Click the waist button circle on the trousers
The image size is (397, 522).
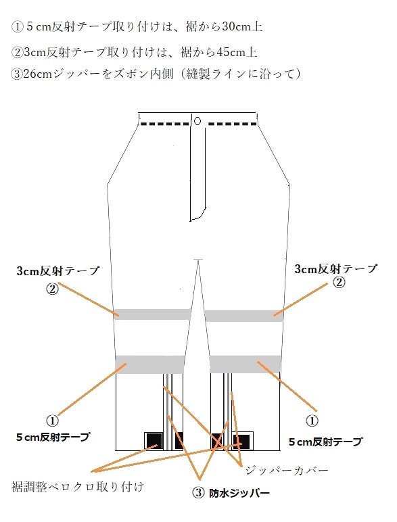[197, 121]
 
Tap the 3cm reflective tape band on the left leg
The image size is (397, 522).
[153, 314]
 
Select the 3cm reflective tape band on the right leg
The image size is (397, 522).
[244, 316]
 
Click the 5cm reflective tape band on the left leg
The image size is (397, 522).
[149, 364]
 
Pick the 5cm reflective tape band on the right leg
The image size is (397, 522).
[245, 364]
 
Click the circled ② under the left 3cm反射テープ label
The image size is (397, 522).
[52, 288]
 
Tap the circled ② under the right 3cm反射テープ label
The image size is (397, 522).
[339, 283]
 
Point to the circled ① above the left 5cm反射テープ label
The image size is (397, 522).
[52, 421]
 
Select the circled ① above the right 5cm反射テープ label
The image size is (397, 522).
[312, 421]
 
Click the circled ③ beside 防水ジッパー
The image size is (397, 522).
[198, 493]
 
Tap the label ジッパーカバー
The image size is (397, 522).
[287, 471]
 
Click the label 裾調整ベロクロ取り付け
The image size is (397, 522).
[78, 487]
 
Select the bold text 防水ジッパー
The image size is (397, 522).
[239, 494]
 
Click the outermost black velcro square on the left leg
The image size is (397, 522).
[154, 441]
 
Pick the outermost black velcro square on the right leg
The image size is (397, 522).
[243, 442]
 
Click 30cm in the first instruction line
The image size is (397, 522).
[233, 26]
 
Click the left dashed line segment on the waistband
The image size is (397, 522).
[165, 124]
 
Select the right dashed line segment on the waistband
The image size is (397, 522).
[233, 124]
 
